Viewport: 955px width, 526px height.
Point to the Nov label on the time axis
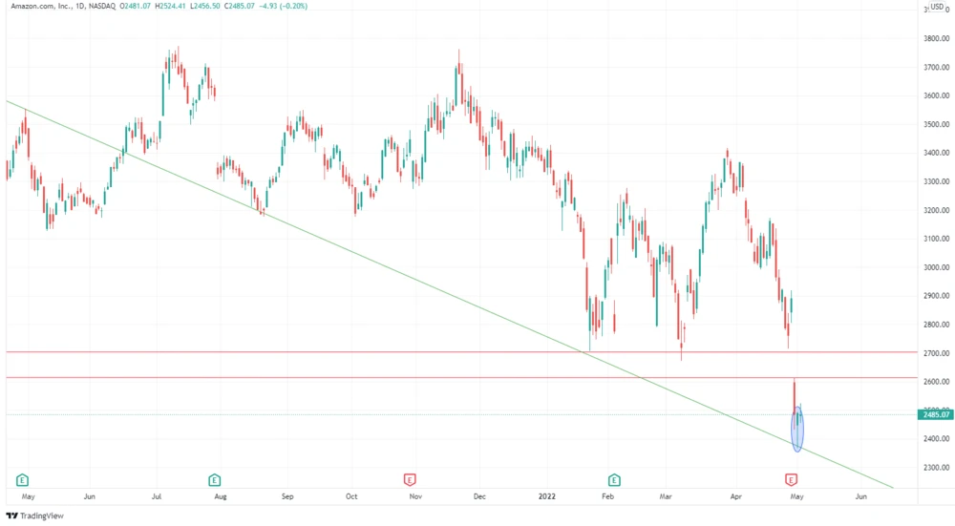[415, 497]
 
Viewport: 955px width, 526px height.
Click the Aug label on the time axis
[221, 497]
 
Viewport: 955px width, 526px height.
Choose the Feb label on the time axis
[605, 497]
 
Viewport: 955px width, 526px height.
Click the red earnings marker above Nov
[409, 479]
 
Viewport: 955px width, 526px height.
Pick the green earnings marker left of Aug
[214, 479]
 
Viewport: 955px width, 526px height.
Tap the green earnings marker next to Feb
[613, 479]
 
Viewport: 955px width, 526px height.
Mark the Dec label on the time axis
[480, 497]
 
